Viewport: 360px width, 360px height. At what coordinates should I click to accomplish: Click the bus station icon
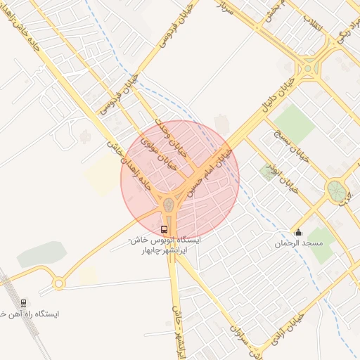(x=165, y=229)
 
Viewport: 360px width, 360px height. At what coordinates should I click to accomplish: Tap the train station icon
(x=24, y=304)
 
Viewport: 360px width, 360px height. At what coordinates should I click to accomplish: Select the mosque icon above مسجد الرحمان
(x=298, y=233)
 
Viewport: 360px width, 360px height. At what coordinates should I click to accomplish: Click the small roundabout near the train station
(x=58, y=284)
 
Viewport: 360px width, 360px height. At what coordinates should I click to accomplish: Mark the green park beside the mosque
(x=322, y=243)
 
